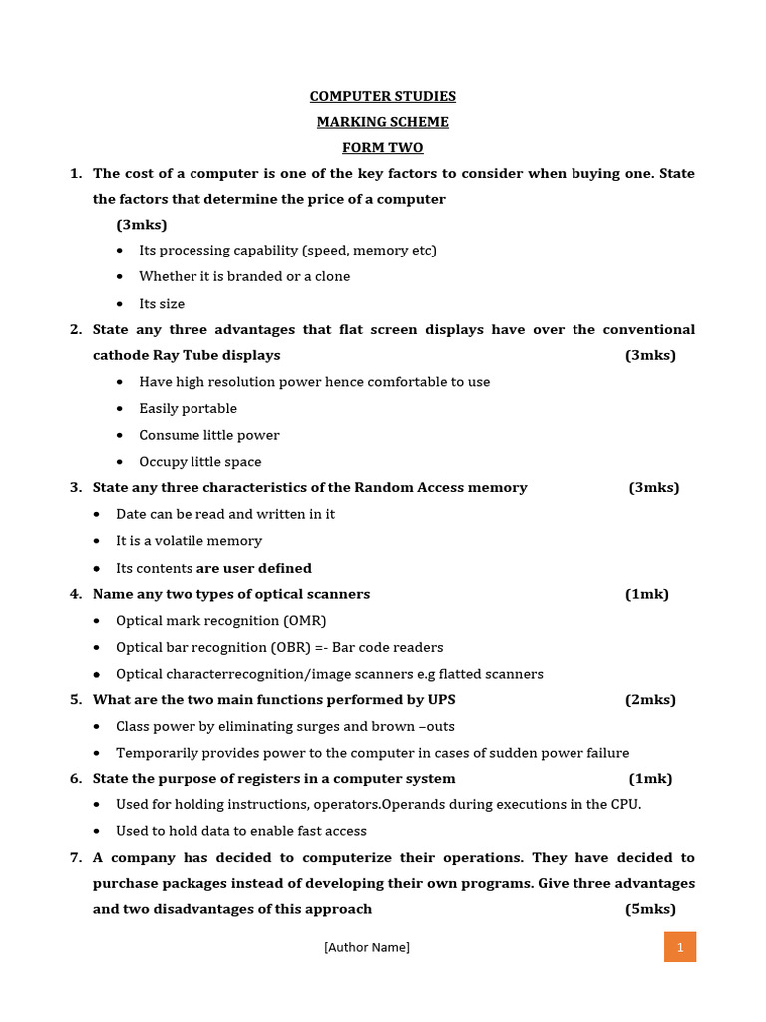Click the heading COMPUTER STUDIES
pos(382,96)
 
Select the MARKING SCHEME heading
pos(382,122)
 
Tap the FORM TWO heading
pos(382,148)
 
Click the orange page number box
pos(679,947)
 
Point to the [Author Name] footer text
pos(366,947)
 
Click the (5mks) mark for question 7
pos(650,909)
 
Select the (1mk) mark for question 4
pos(647,594)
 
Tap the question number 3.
pos(76,488)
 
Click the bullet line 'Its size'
pos(162,304)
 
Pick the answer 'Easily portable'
pos(188,408)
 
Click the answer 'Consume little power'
pos(209,435)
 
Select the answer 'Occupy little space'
pos(200,462)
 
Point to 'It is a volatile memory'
pos(189,541)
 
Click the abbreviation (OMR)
pos(305,621)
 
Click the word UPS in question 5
pos(440,700)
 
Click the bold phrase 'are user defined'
pos(254,568)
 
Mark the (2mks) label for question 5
pos(650,700)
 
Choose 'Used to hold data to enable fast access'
pos(241,831)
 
